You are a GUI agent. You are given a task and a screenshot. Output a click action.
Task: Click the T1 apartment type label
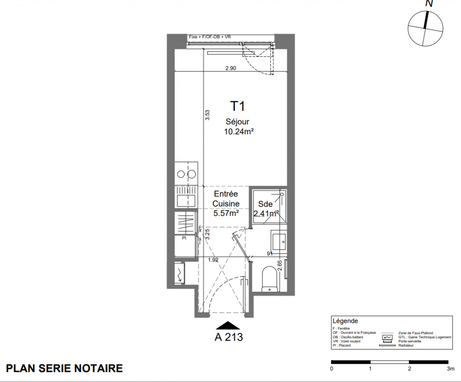pyautogui.click(x=238, y=106)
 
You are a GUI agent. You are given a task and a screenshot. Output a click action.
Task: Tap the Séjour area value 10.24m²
pyautogui.click(x=239, y=131)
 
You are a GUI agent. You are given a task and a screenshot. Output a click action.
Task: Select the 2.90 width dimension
pyautogui.click(x=231, y=68)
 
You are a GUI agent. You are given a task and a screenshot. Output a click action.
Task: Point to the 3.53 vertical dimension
pyautogui.click(x=207, y=115)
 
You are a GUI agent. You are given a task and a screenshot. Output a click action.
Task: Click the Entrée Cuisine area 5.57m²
pyautogui.click(x=226, y=213)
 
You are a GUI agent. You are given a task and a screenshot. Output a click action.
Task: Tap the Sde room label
pyautogui.click(x=265, y=204)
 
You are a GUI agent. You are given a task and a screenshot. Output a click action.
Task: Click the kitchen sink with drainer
pyautogui.click(x=186, y=197)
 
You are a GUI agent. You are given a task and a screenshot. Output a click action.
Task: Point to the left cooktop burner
pyautogui.click(x=181, y=174)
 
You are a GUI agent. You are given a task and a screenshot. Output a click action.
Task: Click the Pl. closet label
pyautogui.click(x=184, y=238)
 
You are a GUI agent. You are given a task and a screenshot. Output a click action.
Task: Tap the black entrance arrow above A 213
pyautogui.click(x=228, y=325)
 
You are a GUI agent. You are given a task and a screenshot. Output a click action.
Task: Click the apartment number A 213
pyautogui.click(x=229, y=337)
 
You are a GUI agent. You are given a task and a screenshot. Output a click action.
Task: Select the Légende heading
pyautogui.click(x=345, y=321)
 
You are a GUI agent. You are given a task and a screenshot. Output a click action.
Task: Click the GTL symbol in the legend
pyautogui.click(x=387, y=337)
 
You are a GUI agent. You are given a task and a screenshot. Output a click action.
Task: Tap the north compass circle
pyautogui.click(x=425, y=29)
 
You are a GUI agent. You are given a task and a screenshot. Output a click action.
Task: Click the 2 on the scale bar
pyautogui.click(x=409, y=369)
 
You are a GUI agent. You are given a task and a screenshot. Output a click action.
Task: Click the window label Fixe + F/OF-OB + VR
pyautogui.click(x=210, y=37)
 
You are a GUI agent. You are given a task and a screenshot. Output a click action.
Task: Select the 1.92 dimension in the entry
pyautogui.click(x=213, y=260)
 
